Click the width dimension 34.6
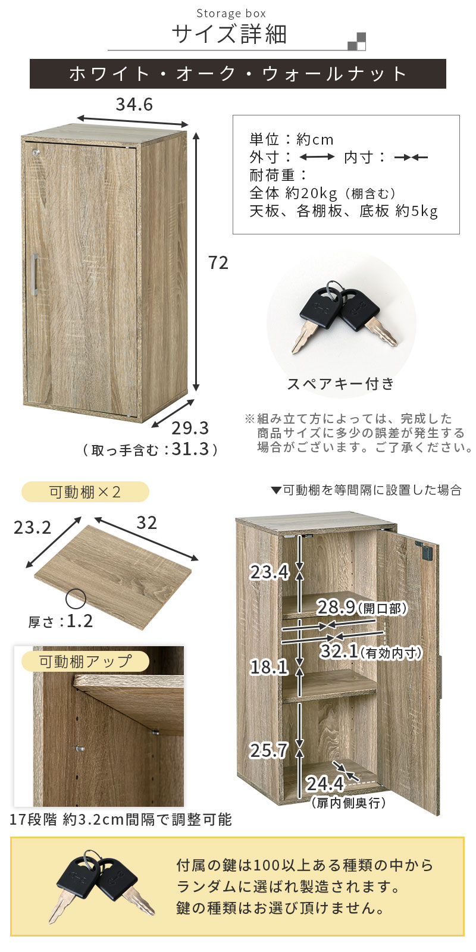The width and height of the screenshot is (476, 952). click(134, 105)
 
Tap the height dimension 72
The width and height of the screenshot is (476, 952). click(218, 263)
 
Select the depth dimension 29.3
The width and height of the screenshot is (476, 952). click(190, 428)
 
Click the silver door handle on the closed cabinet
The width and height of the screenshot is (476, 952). click(35, 274)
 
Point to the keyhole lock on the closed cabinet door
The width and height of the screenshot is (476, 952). click(33, 151)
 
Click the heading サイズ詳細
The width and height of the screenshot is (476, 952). click(230, 35)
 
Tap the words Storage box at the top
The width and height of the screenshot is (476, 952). click(231, 14)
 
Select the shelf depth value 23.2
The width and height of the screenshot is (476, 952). click(32, 527)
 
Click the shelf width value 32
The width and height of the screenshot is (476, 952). click(146, 523)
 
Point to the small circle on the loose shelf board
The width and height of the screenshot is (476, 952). click(76, 599)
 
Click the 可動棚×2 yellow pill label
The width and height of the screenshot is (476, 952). click(85, 492)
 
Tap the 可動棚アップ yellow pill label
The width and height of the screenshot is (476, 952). click(85, 661)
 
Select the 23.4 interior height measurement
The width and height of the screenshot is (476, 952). click(270, 572)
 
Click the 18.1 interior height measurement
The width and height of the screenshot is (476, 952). click(270, 667)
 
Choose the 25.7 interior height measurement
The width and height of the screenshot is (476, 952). click(270, 750)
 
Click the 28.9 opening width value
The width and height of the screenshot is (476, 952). click(336, 607)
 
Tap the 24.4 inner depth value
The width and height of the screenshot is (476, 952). click(325, 784)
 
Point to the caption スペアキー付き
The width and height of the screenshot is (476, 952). click(341, 384)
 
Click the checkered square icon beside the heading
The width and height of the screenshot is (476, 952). click(356, 41)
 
